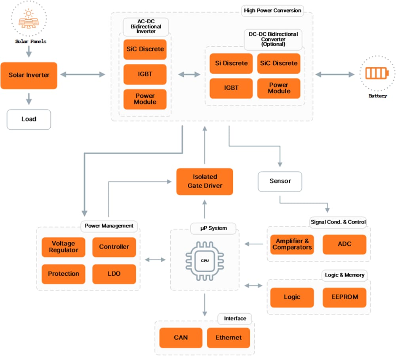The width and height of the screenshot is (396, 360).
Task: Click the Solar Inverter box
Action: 29,75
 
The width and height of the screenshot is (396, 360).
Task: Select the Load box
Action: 29,119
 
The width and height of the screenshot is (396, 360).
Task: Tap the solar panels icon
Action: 29,20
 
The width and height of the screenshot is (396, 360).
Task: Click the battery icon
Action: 377,74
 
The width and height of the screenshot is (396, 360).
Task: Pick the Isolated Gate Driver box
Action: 205,181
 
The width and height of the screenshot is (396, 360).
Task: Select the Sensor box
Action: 280,181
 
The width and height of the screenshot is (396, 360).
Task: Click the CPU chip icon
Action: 204,261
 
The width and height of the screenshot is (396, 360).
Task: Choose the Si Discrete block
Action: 231,63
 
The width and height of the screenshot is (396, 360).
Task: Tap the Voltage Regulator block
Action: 63,247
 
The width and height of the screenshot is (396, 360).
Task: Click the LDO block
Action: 114,274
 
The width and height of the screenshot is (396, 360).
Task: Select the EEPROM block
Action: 344,297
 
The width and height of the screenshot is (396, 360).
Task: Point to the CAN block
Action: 181,337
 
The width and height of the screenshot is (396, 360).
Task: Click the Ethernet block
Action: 228,337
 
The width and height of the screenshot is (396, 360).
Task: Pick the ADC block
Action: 344,244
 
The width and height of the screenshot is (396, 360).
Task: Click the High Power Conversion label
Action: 272,11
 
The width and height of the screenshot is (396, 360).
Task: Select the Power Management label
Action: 109,226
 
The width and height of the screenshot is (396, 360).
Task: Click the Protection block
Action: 63,274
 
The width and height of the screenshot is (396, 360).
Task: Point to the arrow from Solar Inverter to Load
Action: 29,99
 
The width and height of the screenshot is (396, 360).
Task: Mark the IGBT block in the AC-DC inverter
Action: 145,74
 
